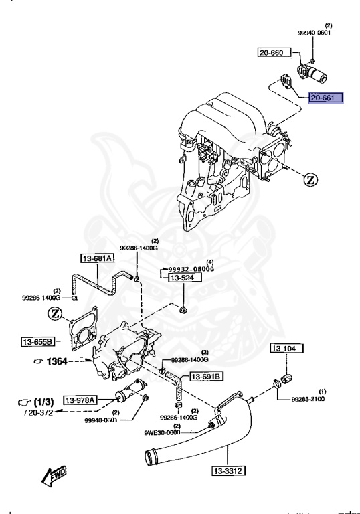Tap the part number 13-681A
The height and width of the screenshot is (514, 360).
(98, 258)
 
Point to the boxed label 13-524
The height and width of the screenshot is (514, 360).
(181, 277)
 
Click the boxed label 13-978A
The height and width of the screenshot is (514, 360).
(80, 400)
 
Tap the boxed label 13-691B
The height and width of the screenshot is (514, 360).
(206, 377)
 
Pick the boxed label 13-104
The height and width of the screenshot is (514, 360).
(286, 349)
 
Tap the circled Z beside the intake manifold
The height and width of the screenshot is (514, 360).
(310, 179)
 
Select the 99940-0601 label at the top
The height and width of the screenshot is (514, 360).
(314, 32)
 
